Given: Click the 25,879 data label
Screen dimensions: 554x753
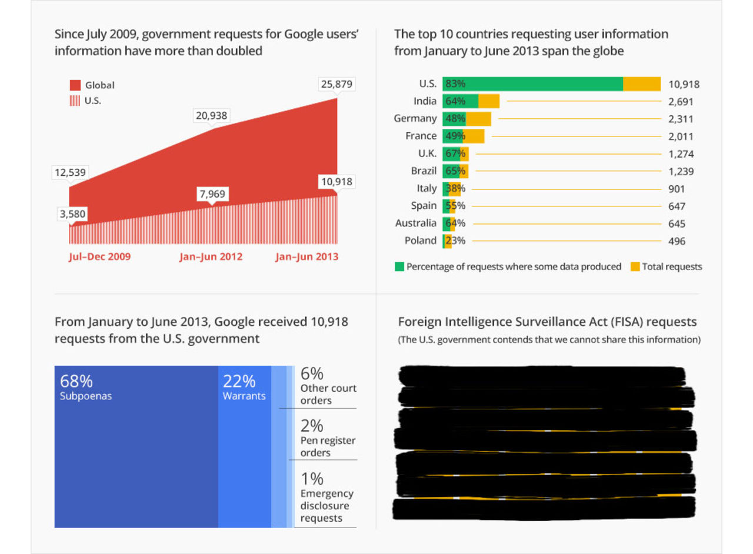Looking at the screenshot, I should [336, 84].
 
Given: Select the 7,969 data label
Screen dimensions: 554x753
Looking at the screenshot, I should [213, 193].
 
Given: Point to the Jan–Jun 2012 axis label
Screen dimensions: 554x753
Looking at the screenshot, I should [211, 257].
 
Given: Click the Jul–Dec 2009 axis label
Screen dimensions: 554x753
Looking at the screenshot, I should [99, 257].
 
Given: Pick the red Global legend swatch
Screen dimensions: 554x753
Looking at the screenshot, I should [75, 85].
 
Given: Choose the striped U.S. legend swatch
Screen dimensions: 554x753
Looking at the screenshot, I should [75, 101].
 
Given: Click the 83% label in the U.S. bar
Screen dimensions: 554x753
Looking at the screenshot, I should [455, 84].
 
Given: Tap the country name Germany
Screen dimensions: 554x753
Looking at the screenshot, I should [415, 119].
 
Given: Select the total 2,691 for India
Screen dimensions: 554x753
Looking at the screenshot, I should [681, 102].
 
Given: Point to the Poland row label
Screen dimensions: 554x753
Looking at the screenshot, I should [421, 241].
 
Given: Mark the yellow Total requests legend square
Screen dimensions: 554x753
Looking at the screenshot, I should [635, 267].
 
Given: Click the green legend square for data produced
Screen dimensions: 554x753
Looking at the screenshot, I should [399, 267].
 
